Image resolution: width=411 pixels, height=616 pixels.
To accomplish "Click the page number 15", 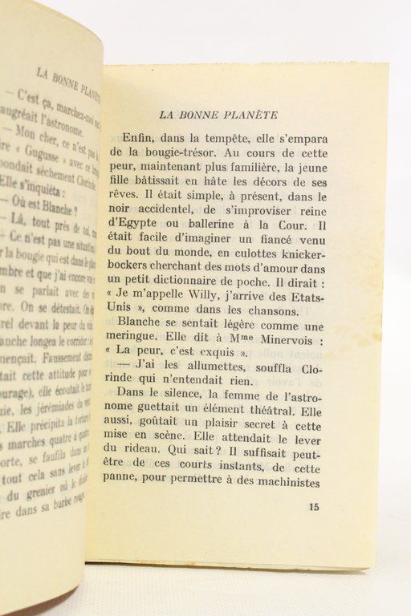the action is point(314,507).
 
